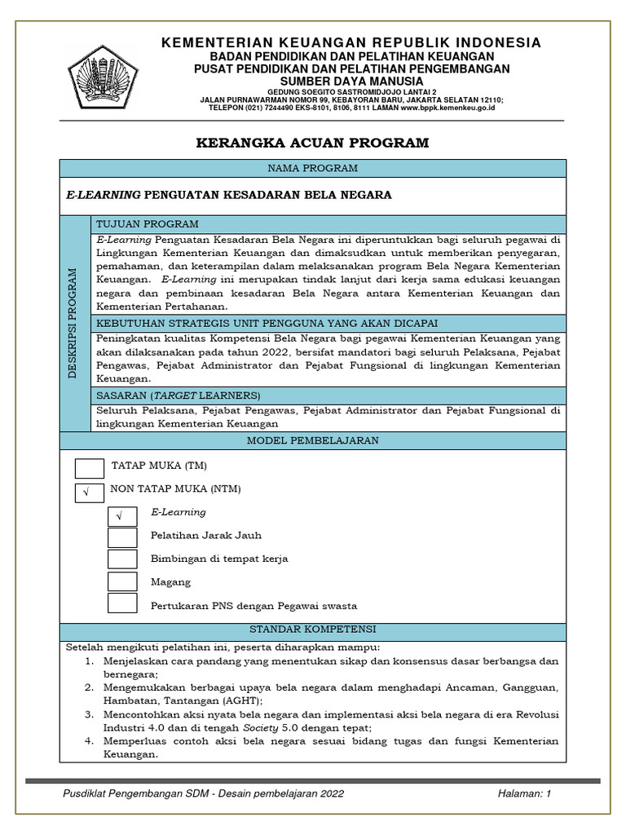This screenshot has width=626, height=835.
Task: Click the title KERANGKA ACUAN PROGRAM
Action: coord(313,143)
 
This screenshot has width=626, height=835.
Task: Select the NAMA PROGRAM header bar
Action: coord(313,168)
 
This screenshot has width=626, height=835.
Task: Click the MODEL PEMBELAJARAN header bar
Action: coord(313,440)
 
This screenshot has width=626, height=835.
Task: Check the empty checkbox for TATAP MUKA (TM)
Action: coord(89,468)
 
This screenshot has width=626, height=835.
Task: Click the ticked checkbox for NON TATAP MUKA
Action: coord(89,493)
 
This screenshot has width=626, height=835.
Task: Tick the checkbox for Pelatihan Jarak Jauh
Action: coord(122,537)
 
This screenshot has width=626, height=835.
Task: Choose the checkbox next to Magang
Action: coord(122,581)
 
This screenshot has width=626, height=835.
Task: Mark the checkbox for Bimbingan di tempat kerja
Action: coord(122,559)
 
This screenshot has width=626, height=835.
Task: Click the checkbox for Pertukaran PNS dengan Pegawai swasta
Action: coord(122,603)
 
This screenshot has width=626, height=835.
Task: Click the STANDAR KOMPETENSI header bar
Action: coord(313,630)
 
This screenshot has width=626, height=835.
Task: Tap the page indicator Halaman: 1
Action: coord(524,793)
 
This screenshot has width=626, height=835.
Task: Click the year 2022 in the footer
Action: coord(330,793)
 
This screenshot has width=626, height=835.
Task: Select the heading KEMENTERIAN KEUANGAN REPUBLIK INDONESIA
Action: coord(350,42)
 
